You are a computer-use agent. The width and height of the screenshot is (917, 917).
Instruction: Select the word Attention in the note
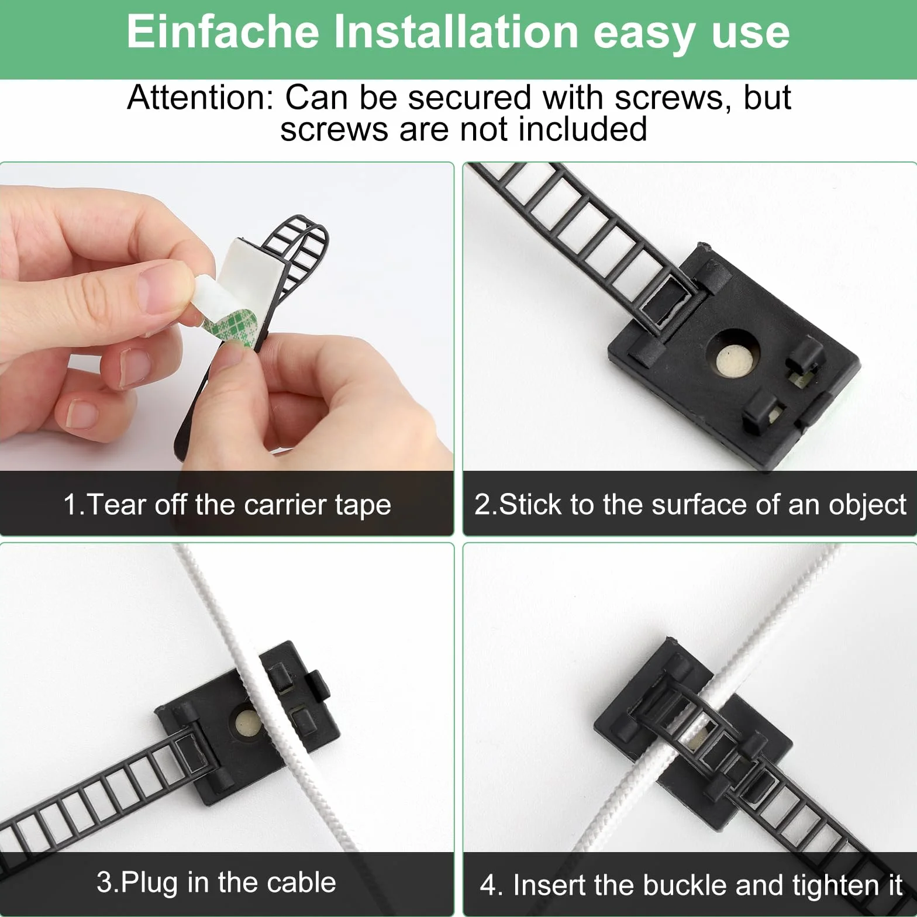point(201,97)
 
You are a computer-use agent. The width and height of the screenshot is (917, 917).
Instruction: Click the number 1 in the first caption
point(70,504)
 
